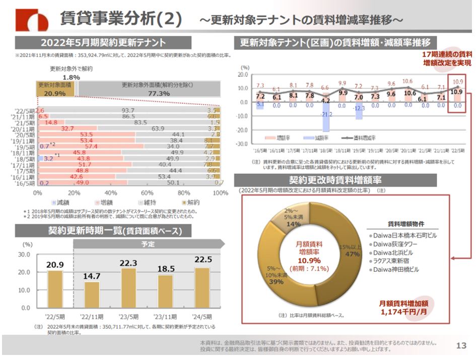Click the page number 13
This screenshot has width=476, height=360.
pyautogui.click(x=461, y=345)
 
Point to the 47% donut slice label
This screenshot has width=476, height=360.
pyautogui.click(x=352, y=254)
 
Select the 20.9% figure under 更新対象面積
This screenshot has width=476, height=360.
pyautogui.click(x=54, y=93)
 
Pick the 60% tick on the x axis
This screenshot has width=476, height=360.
pyautogui.click(x=147, y=193)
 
